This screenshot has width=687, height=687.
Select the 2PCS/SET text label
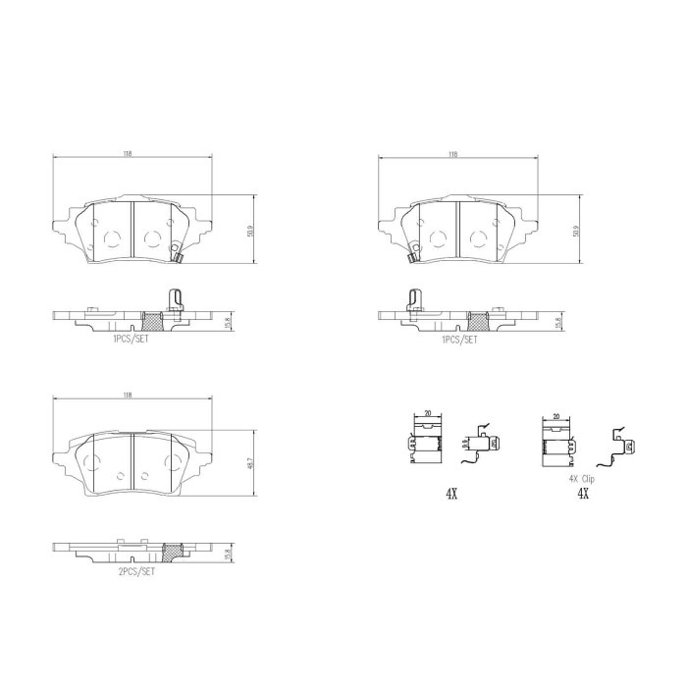click(x=136, y=571)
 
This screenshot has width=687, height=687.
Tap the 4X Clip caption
click(x=581, y=478)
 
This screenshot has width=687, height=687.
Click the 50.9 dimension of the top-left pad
click(x=252, y=231)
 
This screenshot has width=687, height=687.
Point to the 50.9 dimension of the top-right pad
click(x=578, y=231)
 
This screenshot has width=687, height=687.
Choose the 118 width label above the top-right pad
click(x=452, y=154)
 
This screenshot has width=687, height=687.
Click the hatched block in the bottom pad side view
click(x=172, y=554)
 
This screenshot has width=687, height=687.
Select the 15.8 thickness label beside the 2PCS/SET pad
click(x=229, y=555)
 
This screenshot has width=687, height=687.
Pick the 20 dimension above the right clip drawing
click(x=556, y=416)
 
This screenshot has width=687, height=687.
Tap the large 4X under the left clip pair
click(x=450, y=494)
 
